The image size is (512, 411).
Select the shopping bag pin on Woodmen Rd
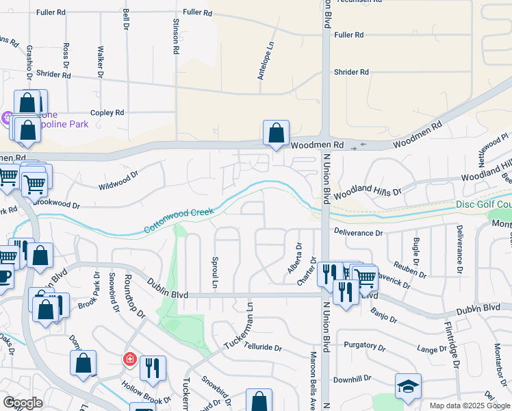point(276,133)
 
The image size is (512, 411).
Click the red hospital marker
point(129,360)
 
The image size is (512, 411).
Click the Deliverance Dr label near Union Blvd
point(359,233)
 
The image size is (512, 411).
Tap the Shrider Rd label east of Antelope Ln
point(351,72)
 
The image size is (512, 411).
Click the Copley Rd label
point(107,112)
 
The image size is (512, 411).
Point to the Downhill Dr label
point(353,378)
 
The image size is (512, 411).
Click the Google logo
point(23,403)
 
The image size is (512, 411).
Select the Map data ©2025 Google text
point(469,406)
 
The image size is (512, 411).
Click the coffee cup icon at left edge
point(4,276)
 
